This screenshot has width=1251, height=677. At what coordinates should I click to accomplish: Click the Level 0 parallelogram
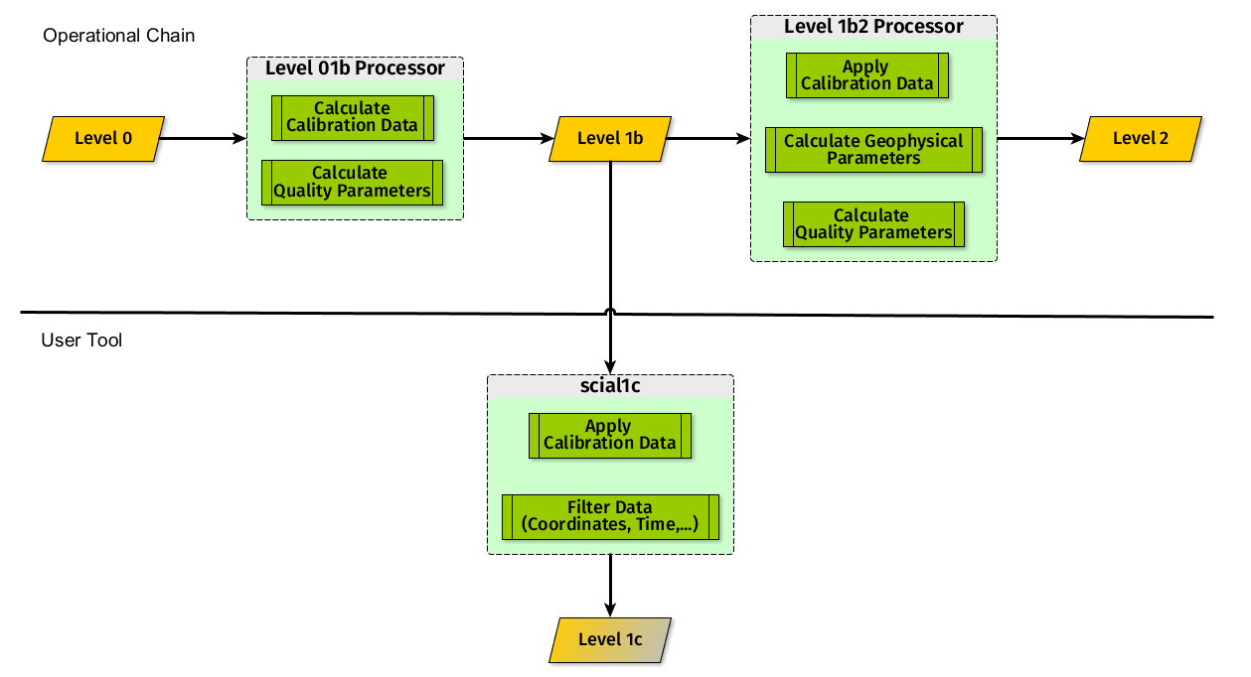[x=103, y=139]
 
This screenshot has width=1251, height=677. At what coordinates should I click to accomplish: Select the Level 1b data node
[x=610, y=139]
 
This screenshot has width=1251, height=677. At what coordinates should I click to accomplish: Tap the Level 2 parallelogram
[x=1141, y=139]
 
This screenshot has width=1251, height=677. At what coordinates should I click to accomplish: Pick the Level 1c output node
[x=610, y=640]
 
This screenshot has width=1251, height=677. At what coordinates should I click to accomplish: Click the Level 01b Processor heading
[x=355, y=68]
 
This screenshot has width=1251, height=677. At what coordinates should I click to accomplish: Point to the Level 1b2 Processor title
[x=873, y=26]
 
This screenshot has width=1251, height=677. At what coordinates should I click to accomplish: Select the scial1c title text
[x=610, y=386]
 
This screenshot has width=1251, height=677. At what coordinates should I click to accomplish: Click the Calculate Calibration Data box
[x=353, y=118]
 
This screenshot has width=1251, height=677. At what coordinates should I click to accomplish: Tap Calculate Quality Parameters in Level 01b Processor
[x=353, y=183]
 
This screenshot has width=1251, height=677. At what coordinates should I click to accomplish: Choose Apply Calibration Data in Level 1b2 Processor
[x=867, y=75]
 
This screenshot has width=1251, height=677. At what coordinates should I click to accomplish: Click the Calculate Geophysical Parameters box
[x=874, y=150]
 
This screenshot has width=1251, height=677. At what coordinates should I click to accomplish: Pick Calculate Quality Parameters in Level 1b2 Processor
[x=874, y=224]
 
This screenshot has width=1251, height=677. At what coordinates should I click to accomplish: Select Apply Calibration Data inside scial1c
[x=610, y=436]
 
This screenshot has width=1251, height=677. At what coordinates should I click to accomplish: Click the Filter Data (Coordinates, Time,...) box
[x=610, y=517]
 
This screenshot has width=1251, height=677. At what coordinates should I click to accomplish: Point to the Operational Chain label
[x=119, y=36]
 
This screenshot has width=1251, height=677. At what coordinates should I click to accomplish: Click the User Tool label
[x=81, y=339]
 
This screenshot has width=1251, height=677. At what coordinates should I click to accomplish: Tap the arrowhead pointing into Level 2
[x=1078, y=138]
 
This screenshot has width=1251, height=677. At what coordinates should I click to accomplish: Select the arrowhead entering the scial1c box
[x=610, y=367]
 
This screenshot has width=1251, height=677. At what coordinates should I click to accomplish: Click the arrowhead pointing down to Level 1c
[x=610, y=609]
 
